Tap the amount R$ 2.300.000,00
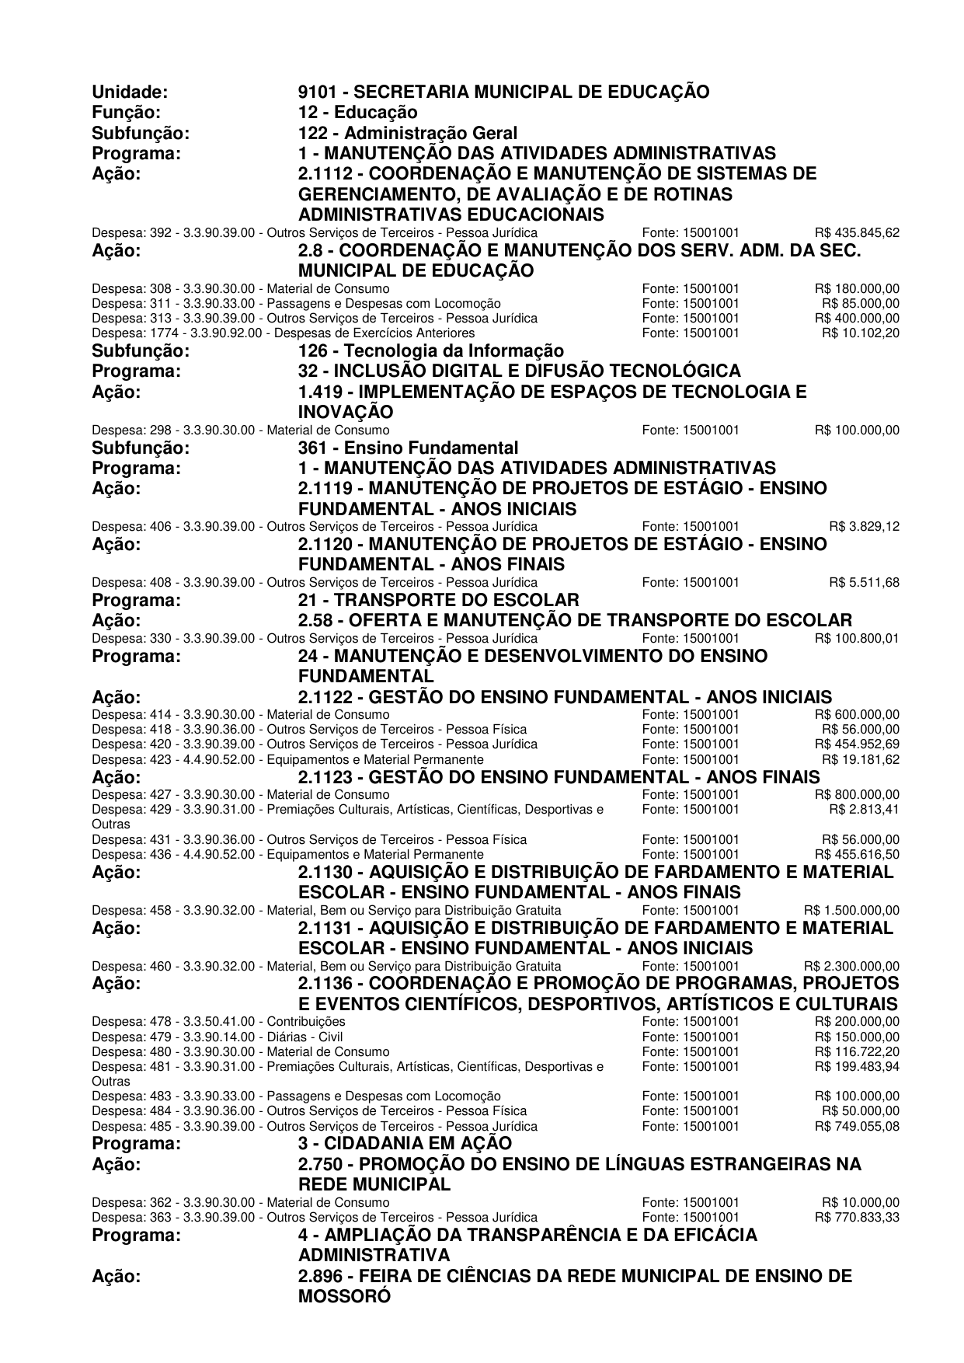[851, 967]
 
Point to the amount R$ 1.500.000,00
[851, 910]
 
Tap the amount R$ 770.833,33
[857, 1217]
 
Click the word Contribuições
[306, 1021]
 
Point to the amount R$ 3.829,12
[864, 527]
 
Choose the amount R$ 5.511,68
[864, 583]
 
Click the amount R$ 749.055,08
[857, 1126]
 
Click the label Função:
[126, 113]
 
